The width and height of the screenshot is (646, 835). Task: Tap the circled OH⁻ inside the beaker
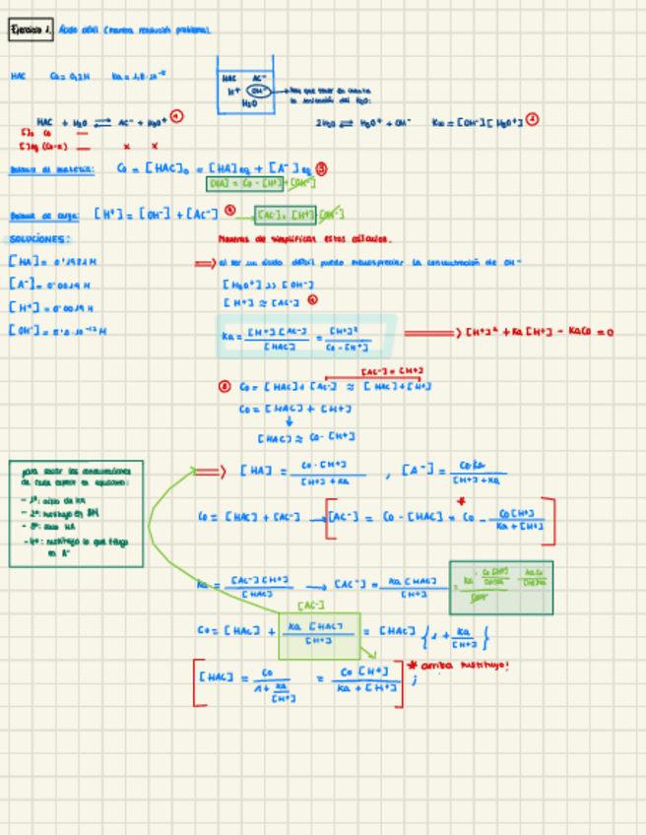pyautogui.click(x=257, y=90)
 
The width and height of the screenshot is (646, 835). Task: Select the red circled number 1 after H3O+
pyautogui.click(x=177, y=116)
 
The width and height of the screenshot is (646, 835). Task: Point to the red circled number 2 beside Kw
pyautogui.click(x=533, y=120)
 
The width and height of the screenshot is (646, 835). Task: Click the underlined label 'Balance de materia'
pyautogui.click(x=51, y=169)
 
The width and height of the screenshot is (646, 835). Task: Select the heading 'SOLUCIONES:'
pyautogui.click(x=40, y=239)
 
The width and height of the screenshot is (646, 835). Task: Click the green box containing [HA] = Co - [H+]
pyautogui.click(x=261, y=183)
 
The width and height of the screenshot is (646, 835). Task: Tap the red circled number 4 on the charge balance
pyautogui.click(x=229, y=210)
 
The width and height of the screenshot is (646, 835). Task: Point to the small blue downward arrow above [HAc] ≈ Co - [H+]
pyautogui.click(x=289, y=421)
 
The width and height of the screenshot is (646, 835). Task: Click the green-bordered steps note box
pyautogui.click(x=76, y=513)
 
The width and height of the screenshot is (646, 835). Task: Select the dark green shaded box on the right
pyautogui.click(x=500, y=587)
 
